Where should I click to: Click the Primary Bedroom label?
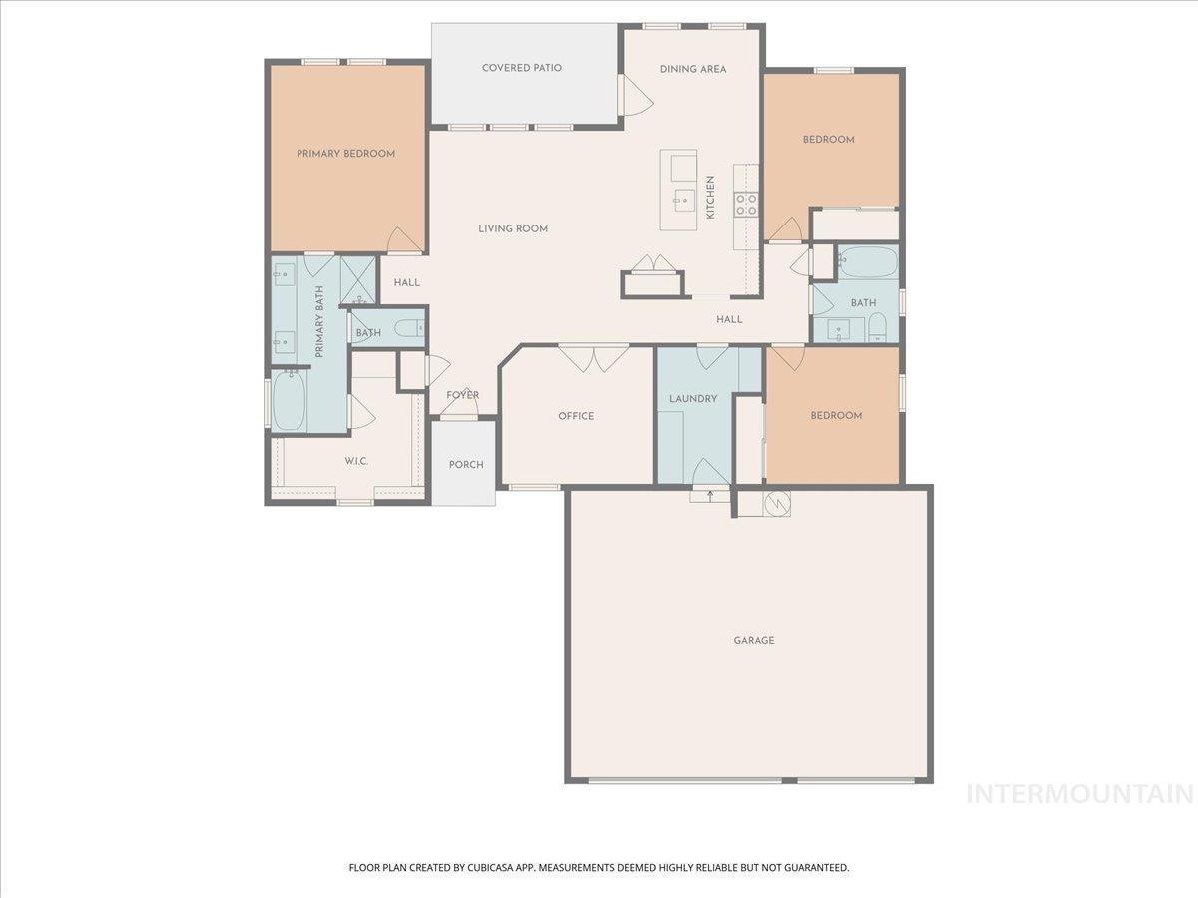point(345,154)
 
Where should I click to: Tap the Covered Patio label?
point(521,68)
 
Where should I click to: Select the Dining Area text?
point(692,69)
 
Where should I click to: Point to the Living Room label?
point(513,228)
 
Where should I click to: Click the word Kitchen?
point(711,198)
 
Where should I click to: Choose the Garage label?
point(754,640)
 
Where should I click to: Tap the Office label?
point(576,416)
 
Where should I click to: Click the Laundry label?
point(693,399)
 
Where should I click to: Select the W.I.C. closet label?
point(357,461)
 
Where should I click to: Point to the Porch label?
point(466,465)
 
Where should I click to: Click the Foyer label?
point(462,395)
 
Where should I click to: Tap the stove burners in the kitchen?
point(745,205)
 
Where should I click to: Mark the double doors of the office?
point(593,358)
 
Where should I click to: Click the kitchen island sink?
point(684,199)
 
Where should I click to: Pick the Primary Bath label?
point(320,321)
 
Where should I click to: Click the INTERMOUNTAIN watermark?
point(1080,794)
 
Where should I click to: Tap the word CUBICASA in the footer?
point(493,868)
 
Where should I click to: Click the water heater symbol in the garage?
point(776,503)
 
